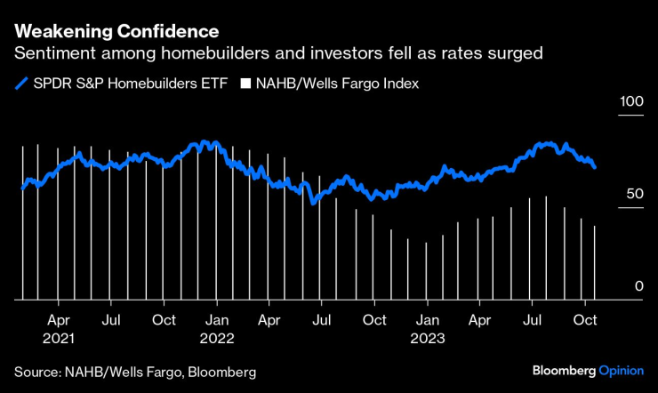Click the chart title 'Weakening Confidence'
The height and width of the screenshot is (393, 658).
click(x=116, y=32)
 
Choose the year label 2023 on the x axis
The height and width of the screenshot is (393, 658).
click(x=429, y=338)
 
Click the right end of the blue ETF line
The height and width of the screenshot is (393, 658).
click(x=594, y=166)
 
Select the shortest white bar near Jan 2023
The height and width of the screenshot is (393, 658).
click(x=426, y=271)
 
